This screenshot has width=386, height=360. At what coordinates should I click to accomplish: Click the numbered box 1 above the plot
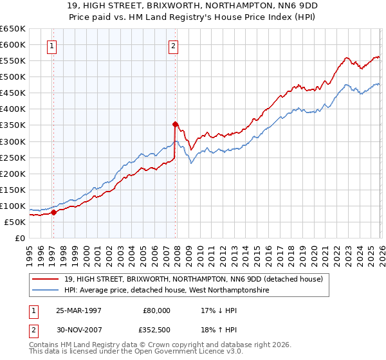tap(51, 46)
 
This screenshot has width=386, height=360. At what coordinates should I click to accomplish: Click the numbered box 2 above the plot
tap(174, 46)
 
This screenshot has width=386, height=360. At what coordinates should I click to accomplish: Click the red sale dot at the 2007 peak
tap(175, 124)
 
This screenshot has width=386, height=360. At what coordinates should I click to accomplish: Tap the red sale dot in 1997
tap(54, 212)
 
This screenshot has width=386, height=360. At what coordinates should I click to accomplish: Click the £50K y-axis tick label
tap(15, 222)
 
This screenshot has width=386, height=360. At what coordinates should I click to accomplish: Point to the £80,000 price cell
tap(157, 310)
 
